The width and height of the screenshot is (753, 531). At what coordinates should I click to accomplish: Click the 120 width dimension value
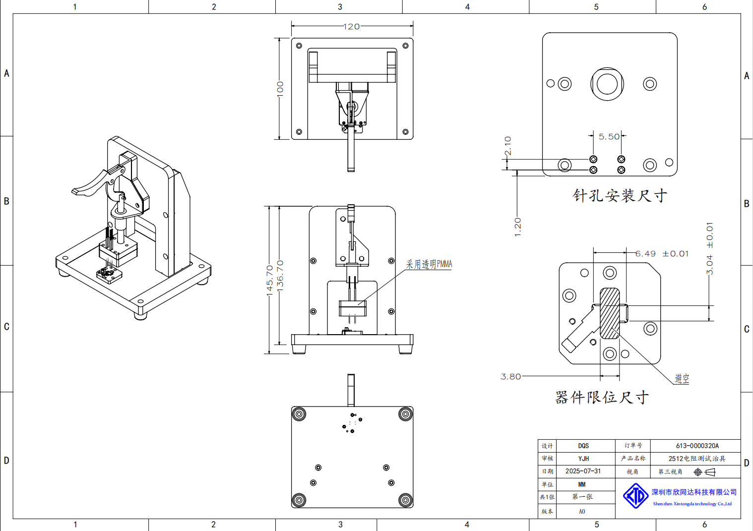point(351,27)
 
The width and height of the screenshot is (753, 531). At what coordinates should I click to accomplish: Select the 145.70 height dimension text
point(269,280)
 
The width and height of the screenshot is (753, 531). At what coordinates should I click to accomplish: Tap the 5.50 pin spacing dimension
point(609,137)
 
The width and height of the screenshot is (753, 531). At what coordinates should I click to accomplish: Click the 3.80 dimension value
point(511,377)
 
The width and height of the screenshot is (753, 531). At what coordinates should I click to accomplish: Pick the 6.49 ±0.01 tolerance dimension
point(662,254)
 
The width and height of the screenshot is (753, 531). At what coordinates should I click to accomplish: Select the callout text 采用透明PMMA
point(429,264)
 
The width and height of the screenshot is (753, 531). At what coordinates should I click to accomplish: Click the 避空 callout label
point(682,379)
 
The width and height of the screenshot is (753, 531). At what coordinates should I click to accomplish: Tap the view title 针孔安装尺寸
point(620,196)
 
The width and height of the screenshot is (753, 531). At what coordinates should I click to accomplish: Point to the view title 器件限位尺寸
point(602,397)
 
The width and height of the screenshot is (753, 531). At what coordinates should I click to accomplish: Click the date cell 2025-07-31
point(583,472)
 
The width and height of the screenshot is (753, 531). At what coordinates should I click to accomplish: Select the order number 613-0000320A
point(697,446)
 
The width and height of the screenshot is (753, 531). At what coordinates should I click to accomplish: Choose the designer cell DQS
point(583,446)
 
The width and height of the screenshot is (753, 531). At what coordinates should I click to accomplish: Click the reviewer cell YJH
point(583,459)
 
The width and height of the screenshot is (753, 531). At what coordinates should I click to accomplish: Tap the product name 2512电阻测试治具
point(696,459)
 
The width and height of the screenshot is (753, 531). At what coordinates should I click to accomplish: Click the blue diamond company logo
point(635,496)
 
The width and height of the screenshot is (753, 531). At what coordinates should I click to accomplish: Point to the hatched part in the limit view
point(610,313)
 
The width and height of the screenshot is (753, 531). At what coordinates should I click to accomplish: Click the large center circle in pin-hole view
point(607,84)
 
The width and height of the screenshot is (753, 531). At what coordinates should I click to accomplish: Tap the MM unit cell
point(582,484)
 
